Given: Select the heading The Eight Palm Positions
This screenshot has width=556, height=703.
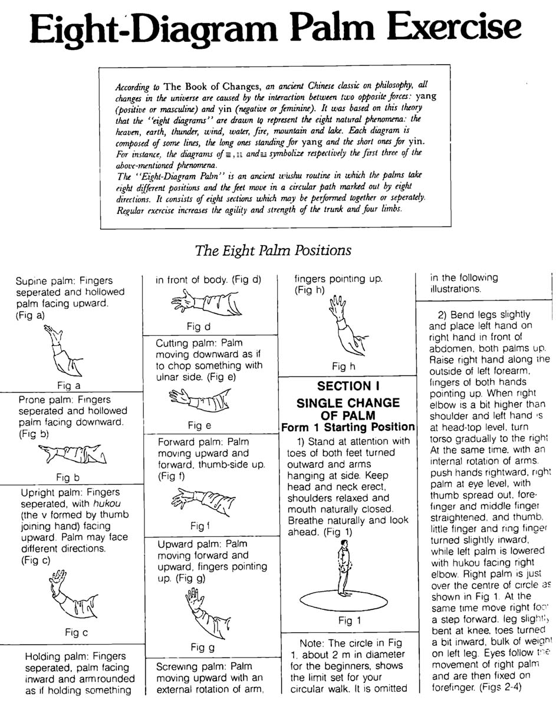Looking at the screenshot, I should click(x=274, y=250).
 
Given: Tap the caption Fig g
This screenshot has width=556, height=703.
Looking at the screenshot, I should click(x=202, y=648).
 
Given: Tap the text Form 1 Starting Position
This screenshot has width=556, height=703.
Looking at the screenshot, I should click(x=348, y=427).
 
